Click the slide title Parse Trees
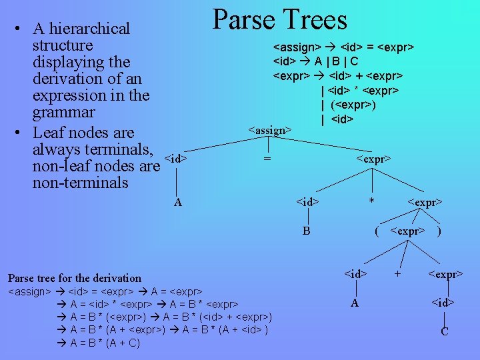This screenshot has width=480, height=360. pyautogui.click(x=279, y=20)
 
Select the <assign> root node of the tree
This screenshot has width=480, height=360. pyautogui.click(x=270, y=130)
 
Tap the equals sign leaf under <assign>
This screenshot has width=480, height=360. pyautogui.click(x=267, y=159)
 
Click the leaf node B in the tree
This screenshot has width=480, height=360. pyautogui.click(x=306, y=231)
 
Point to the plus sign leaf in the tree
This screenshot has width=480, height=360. pyautogui.click(x=397, y=273)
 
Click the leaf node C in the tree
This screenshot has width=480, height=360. pyautogui.click(x=444, y=331)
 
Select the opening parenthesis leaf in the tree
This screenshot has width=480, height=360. pyautogui.click(x=377, y=232)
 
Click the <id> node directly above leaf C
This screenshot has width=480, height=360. pyautogui.click(x=443, y=303)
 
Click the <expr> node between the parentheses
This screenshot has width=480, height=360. pyautogui.click(x=407, y=232)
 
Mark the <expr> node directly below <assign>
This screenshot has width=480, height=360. pyautogui.click(x=373, y=159)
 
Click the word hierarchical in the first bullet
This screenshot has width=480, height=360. pyautogui.click(x=91, y=29)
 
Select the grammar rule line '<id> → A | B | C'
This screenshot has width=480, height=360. pyautogui.click(x=317, y=61)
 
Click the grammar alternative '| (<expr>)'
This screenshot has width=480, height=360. pyautogui.click(x=347, y=105)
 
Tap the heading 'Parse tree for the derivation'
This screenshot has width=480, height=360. pyautogui.click(x=75, y=278)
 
